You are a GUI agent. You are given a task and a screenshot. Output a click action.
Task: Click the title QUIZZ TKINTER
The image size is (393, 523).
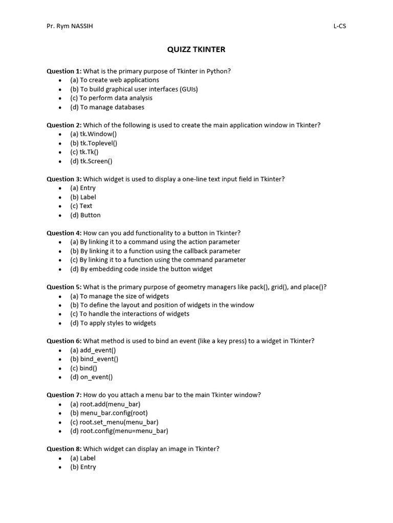click(196, 50)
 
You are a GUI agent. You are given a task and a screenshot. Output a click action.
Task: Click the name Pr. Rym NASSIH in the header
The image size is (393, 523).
click(70, 26)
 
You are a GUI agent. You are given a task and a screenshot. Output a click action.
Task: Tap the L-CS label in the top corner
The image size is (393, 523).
click(339, 26)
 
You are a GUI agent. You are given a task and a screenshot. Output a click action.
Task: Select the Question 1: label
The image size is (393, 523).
click(64, 71)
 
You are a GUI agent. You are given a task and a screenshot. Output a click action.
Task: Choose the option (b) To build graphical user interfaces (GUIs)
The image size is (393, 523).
click(134, 89)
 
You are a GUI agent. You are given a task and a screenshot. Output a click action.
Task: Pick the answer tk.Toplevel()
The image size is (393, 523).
click(94, 143)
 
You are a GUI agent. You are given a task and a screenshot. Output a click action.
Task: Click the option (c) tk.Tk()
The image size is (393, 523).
click(84, 152)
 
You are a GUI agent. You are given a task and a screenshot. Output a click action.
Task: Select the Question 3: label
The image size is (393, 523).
click(64, 179)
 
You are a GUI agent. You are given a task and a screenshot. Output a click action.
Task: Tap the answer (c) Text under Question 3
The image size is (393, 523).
click(81, 206)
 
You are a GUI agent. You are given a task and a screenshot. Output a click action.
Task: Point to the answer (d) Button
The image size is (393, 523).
click(85, 215)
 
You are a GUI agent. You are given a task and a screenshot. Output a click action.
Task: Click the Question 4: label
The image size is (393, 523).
click(64, 233)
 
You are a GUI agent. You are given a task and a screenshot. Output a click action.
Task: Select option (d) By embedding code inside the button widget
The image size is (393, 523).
click(141, 269)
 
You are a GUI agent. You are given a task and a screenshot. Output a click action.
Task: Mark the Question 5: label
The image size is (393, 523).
click(64, 287)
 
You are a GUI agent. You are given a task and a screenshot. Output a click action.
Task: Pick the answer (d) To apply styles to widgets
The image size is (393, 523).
click(113, 323)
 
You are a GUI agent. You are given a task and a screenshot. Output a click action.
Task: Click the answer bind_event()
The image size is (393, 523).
click(94, 359)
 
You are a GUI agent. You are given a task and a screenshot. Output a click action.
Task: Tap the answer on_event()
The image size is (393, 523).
click(92, 377)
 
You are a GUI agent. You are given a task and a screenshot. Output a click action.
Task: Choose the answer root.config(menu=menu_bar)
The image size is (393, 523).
click(119, 431)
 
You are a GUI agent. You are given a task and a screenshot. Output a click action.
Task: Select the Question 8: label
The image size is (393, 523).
click(64, 448)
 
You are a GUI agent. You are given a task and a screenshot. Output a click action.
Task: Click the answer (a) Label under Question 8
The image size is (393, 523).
click(83, 458)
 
